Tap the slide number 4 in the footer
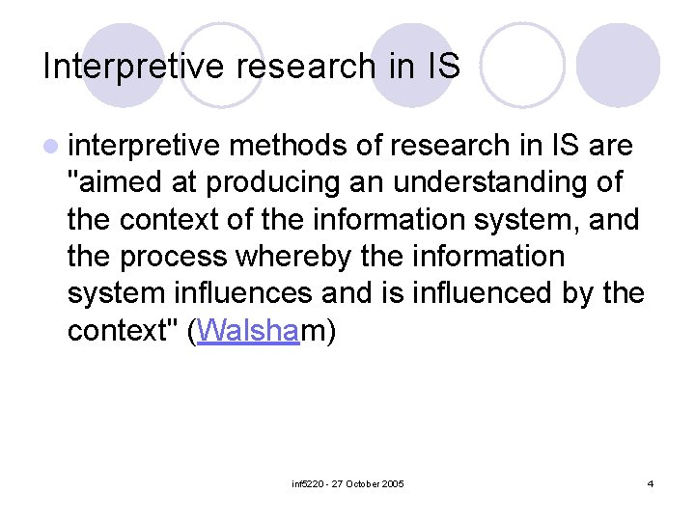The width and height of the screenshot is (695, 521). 651,482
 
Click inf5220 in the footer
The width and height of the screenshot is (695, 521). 308,482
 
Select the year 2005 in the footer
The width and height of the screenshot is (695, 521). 393,482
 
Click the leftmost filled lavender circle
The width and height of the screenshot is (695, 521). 123,66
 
